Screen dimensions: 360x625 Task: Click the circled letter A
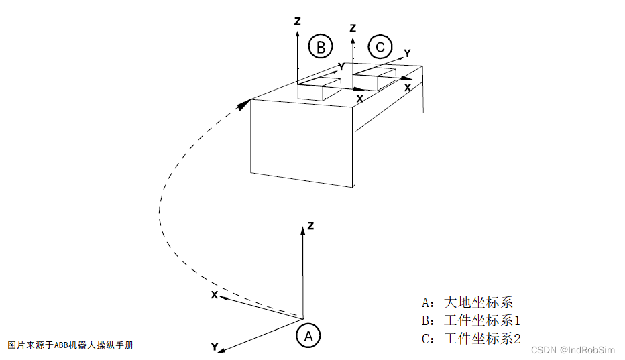308,335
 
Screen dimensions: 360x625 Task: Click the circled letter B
321,47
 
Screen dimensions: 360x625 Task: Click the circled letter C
380,47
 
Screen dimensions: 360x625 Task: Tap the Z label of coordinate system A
311,226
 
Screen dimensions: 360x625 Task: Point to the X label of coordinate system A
214,295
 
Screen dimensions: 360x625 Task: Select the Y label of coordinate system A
214,347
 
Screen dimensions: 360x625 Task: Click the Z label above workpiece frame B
297,21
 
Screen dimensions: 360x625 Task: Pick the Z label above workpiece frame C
353,28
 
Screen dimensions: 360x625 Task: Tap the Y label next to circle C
407,52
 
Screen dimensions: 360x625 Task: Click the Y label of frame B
341,66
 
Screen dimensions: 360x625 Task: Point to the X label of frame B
359,98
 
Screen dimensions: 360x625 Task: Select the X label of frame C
407,86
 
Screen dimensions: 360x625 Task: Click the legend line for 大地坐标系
467,302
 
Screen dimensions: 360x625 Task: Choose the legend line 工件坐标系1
471,320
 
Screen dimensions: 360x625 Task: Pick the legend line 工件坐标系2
471,339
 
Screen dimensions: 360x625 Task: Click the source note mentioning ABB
71,345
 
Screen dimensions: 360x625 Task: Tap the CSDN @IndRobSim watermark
572,350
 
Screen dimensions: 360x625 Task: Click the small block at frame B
319,90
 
